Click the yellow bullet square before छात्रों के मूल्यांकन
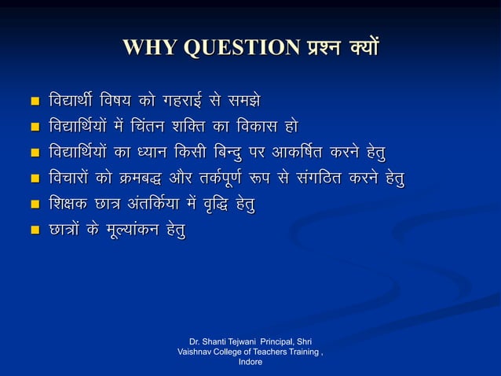coord(33,230)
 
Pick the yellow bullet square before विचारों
coord(33,179)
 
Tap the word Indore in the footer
coord(251,363)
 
